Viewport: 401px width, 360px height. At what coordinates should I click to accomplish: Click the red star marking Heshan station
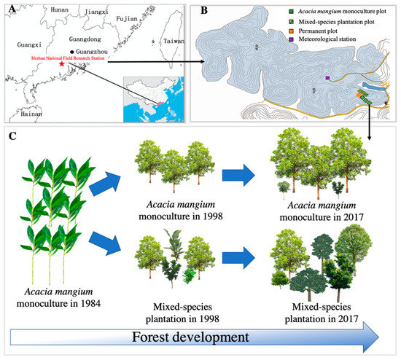(x=61, y=64)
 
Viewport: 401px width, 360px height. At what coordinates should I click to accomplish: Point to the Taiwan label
(x=174, y=42)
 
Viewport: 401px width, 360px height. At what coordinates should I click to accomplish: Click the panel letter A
(x=10, y=10)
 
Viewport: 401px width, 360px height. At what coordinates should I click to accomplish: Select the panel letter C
(x=10, y=136)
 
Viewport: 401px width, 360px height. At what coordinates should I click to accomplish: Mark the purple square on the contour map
(x=329, y=77)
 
